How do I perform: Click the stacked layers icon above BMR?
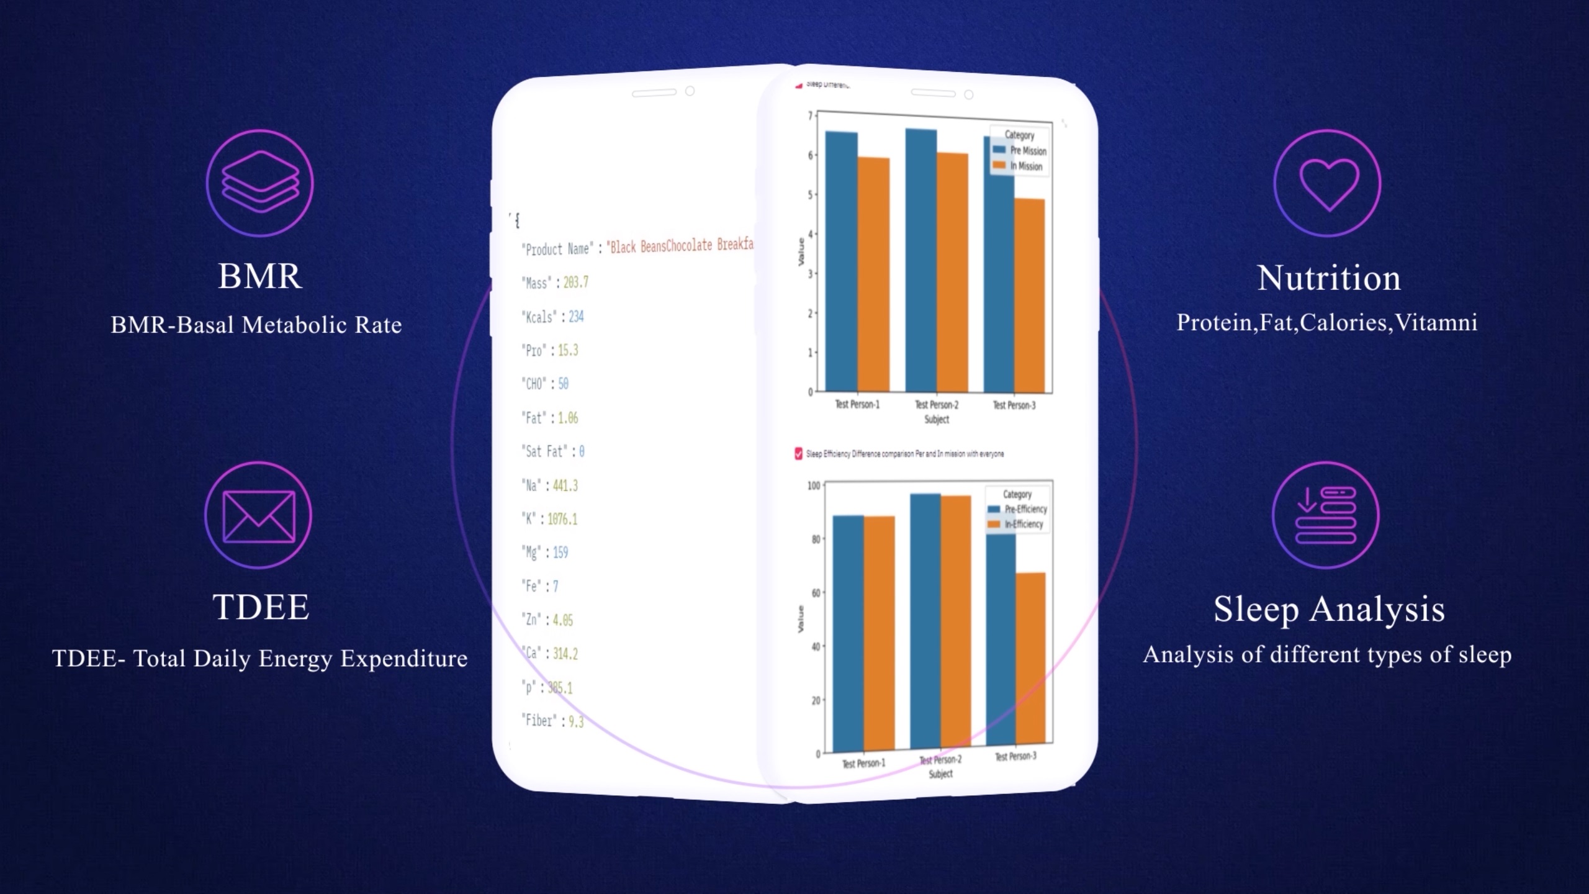click(x=259, y=183)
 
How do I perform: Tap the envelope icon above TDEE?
click(x=258, y=515)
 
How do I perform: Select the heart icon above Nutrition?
click(x=1328, y=183)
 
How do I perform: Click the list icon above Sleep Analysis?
click(x=1326, y=515)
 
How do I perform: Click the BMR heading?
click(x=259, y=276)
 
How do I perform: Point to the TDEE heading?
click(x=261, y=607)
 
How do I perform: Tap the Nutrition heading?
click(x=1329, y=278)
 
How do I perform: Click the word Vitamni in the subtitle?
click(x=1436, y=323)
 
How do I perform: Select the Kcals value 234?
click(x=576, y=317)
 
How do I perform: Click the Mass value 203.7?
click(x=575, y=282)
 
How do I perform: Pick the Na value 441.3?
click(x=565, y=485)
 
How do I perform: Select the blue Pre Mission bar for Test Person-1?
click(x=841, y=261)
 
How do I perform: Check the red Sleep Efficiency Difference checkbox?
click(x=798, y=454)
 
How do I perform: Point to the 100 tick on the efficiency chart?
click(x=814, y=485)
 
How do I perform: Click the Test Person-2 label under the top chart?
click(x=936, y=405)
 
